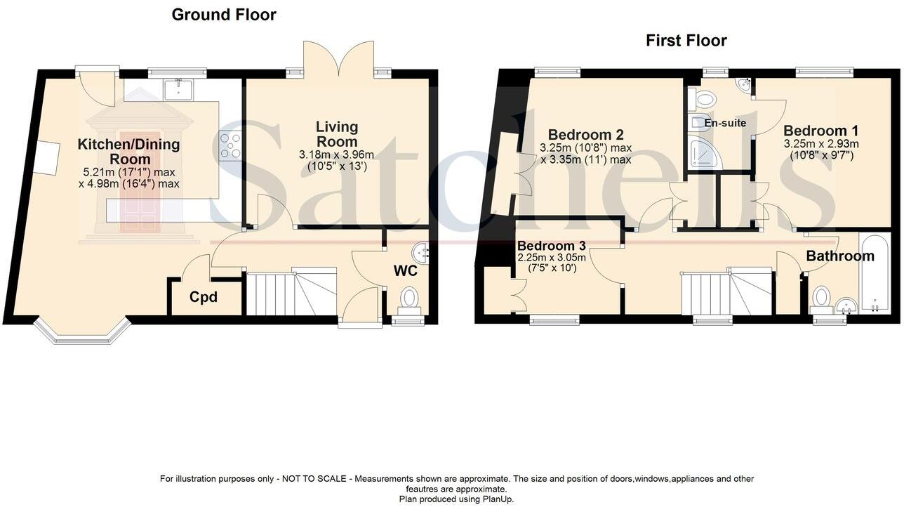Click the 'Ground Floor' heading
pos(224,15)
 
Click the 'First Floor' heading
pos(686,41)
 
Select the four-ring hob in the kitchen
pos(230,146)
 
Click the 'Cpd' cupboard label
pos(204,297)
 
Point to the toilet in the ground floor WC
pos(409,298)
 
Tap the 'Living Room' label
pos(337,133)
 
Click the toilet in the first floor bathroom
pos(820,298)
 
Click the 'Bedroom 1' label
pos(820,131)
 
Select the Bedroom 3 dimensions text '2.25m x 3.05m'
pos(551,258)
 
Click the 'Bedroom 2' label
pos(585,135)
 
